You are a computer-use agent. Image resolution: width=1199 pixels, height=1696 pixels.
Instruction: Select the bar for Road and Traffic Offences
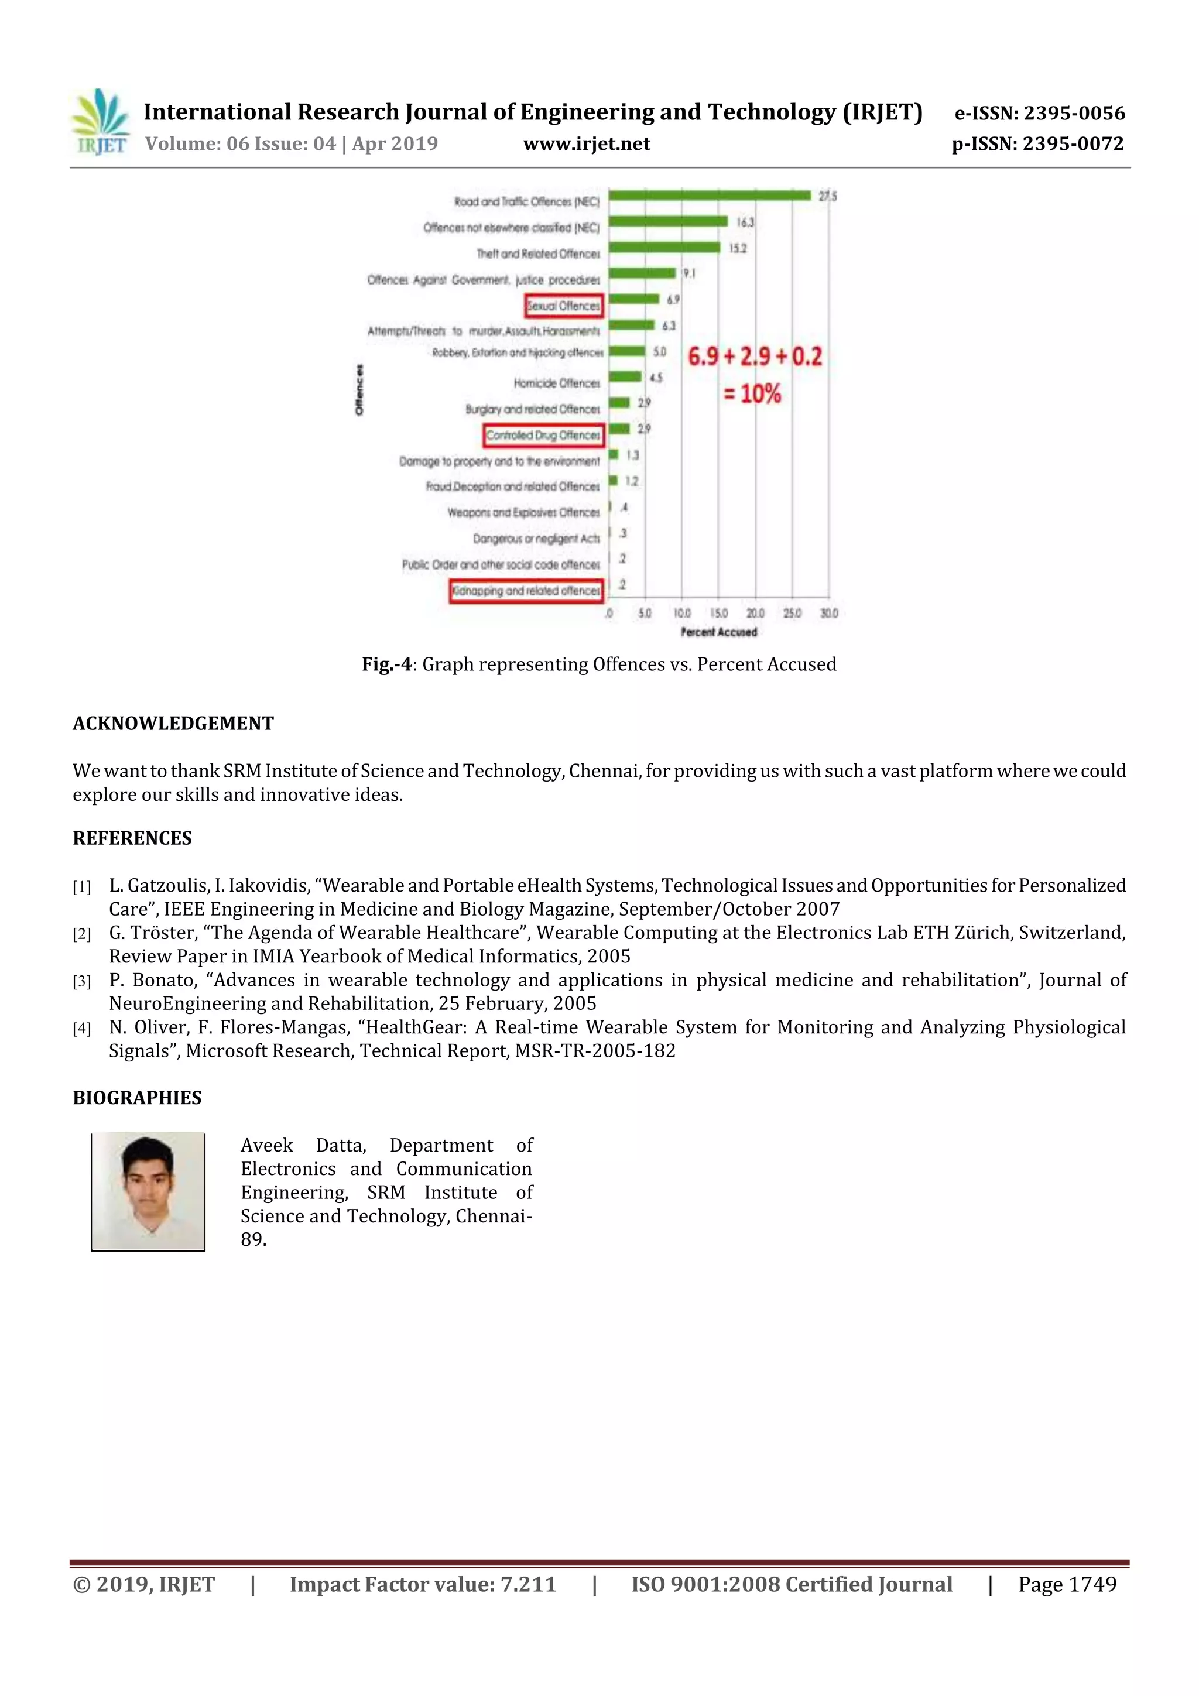(x=709, y=196)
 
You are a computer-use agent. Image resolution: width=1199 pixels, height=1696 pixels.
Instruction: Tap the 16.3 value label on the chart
(x=745, y=222)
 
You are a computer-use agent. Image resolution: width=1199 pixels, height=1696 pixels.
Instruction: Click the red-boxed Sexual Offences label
(x=564, y=305)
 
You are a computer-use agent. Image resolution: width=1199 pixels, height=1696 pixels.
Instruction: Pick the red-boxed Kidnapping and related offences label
(x=525, y=591)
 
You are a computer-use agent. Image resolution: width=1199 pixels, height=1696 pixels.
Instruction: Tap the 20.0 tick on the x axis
(x=755, y=613)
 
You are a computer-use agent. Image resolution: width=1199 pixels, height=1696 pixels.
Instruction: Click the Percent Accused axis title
(x=718, y=632)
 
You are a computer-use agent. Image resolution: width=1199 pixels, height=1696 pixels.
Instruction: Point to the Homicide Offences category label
(x=556, y=383)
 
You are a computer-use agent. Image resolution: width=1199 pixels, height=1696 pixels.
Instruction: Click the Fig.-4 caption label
(x=386, y=664)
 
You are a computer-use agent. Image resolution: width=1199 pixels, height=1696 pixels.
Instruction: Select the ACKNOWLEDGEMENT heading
(x=173, y=723)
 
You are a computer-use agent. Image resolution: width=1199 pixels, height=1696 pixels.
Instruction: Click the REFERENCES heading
(x=132, y=838)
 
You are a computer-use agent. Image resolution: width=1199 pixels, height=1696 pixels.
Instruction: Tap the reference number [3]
(x=81, y=982)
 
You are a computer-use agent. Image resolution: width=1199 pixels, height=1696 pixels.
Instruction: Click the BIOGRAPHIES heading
(x=136, y=1098)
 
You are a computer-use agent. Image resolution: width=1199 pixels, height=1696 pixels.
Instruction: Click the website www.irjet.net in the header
(x=587, y=144)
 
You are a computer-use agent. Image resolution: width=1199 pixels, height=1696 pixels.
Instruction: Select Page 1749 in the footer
(x=1067, y=1584)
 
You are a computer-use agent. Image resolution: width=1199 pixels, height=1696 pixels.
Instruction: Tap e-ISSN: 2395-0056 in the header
(x=1039, y=113)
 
